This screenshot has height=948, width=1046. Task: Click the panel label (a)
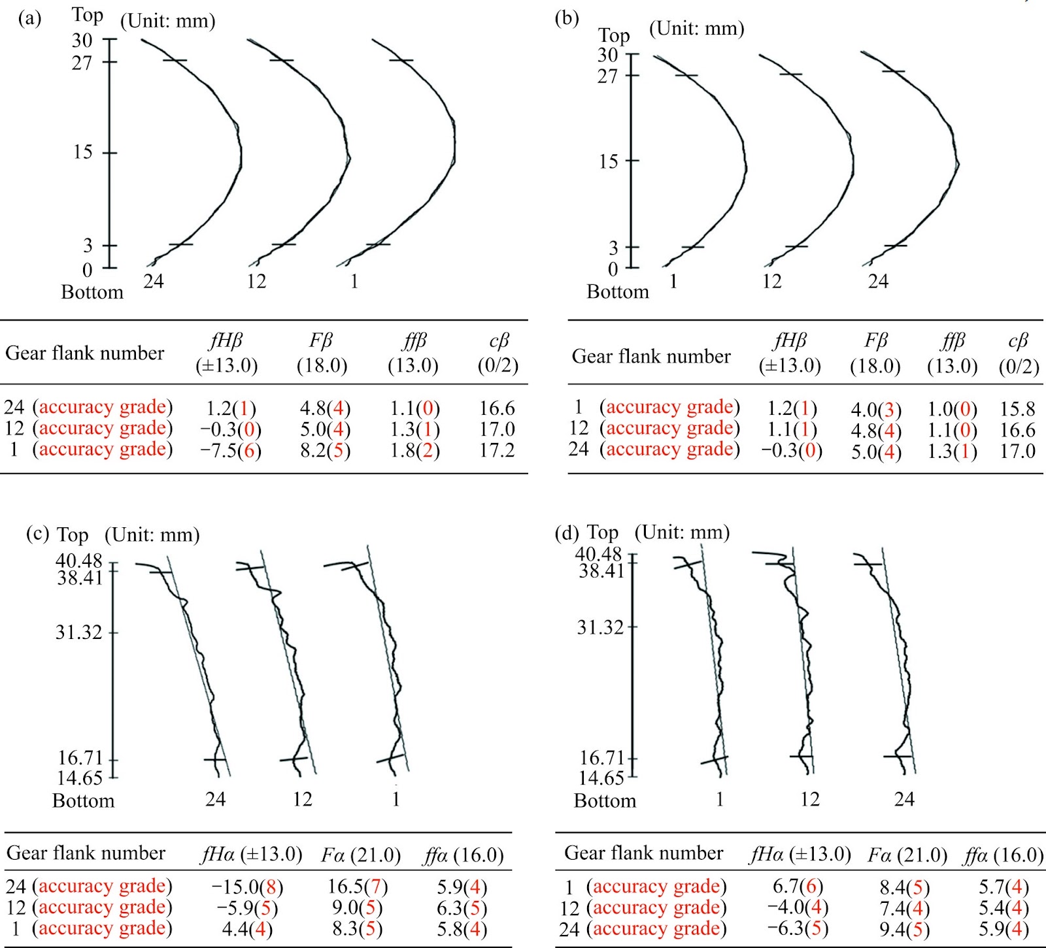point(30,19)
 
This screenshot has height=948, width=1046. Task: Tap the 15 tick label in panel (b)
point(609,161)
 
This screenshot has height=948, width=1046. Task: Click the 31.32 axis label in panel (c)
point(79,632)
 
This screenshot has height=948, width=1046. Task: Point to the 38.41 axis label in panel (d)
point(602,571)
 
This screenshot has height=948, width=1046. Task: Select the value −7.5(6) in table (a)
point(231,451)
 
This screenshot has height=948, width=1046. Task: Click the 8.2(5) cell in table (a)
point(326,451)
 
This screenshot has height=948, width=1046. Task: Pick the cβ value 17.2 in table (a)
point(497,450)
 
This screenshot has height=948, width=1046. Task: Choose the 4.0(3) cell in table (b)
point(876,410)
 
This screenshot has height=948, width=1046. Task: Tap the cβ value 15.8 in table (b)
point(1018,409)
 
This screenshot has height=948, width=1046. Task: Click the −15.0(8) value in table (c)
point(247,887)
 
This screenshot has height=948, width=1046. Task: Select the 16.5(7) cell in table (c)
point(358,887)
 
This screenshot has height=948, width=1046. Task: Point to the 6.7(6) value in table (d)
point(798,887)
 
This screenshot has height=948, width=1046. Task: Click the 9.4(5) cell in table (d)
point(905,928)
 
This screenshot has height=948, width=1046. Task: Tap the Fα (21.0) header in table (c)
point(361,855)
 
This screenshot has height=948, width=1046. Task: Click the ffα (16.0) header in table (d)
point(1004,855)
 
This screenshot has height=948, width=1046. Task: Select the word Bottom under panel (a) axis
point(92,292)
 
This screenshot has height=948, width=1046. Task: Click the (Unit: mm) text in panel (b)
point(697,29)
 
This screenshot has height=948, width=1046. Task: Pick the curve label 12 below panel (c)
point(302,799)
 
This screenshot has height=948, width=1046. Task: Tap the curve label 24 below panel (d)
point(904,799)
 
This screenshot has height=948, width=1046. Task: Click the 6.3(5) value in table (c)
point(462,908)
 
